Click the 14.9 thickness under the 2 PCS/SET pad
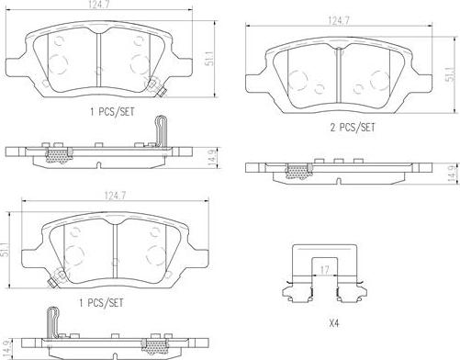450,172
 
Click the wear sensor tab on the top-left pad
158,90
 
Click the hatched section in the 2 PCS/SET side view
298,170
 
